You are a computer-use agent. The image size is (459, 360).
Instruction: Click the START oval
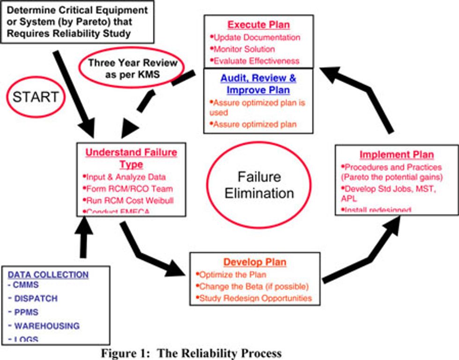click(x=36, y=97)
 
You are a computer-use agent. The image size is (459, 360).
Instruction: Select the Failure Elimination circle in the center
click(x=259, y=185)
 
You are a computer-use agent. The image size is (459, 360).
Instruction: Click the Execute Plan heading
click(x=259, y=25)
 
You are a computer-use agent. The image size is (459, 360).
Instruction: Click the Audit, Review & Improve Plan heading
click(x=258, y=83)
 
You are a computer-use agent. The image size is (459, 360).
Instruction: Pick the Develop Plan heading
click(x=255, y=262)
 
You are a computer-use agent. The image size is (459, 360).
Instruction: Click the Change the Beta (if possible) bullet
click(x=253, y=286)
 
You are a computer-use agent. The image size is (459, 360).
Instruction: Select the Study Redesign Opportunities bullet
click(x=255, y=298)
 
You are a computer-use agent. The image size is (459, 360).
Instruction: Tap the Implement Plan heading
click(x=396, y=154)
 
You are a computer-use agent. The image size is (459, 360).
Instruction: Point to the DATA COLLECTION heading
click(x=48, y=275)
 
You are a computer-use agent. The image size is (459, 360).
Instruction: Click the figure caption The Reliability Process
click(x=192, y=353)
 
